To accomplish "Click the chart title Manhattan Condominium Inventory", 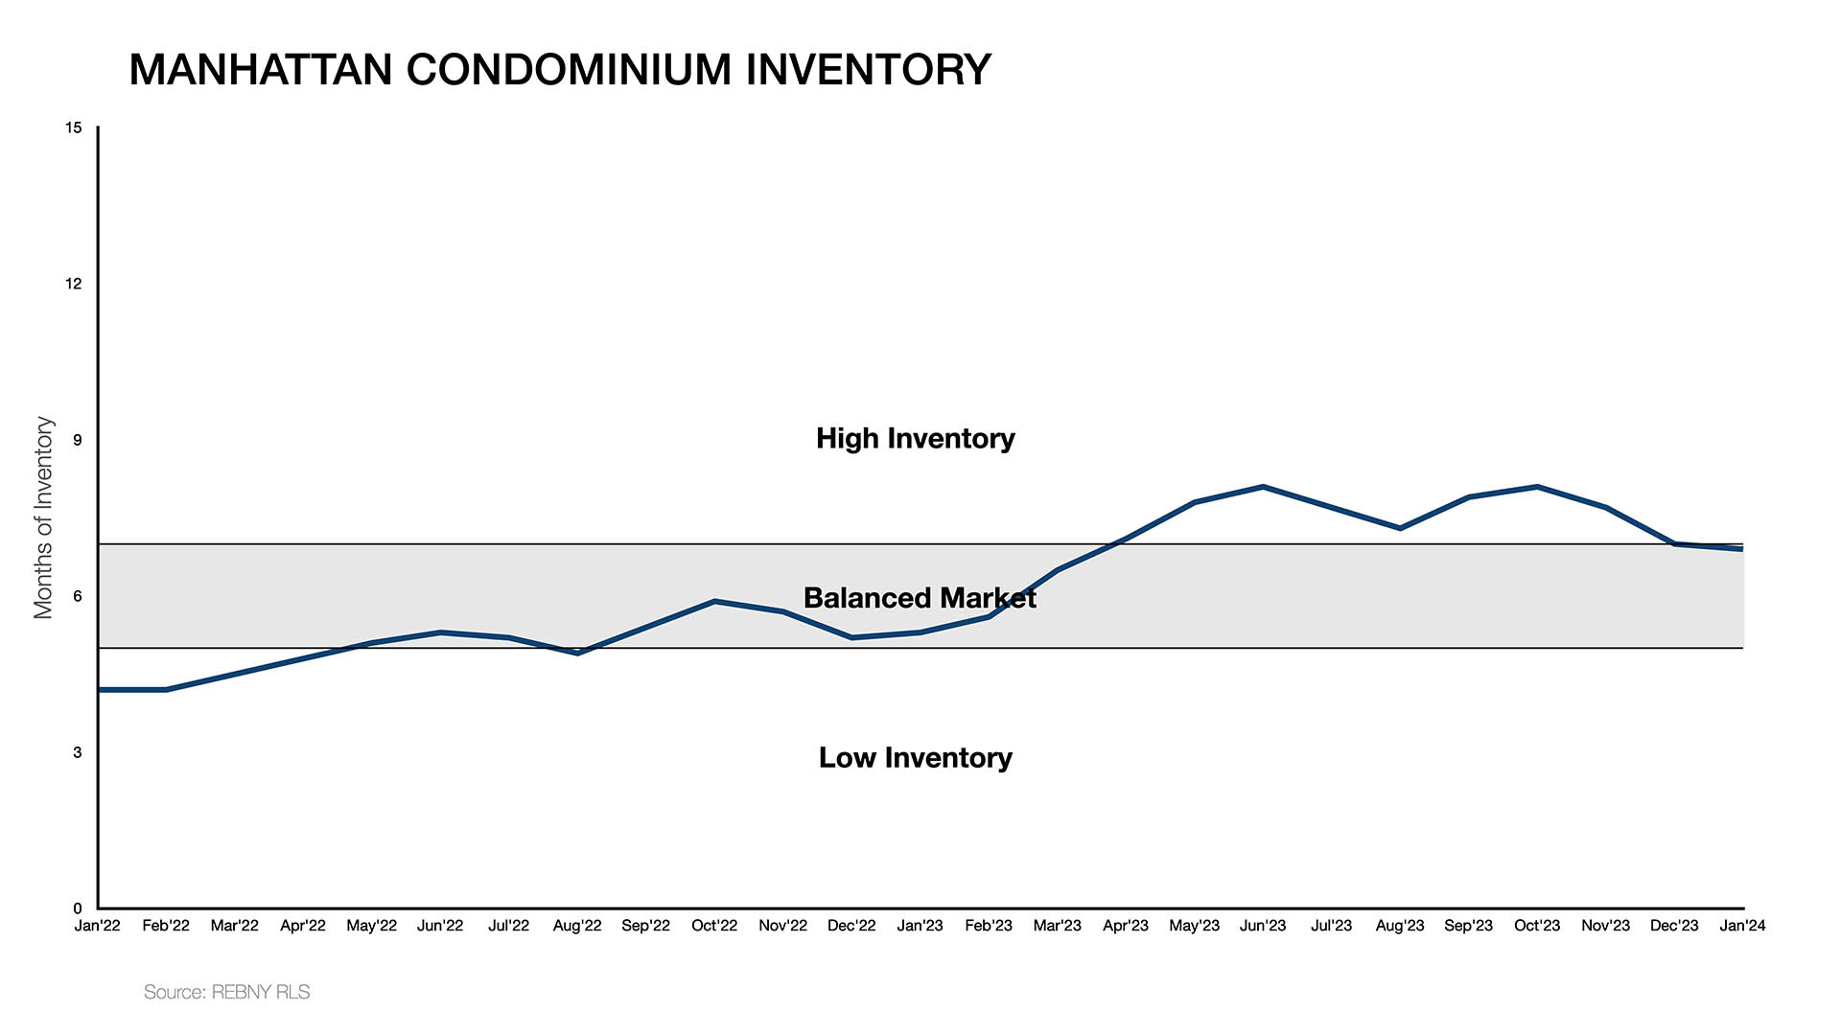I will (x=559, y=70).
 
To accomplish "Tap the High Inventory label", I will (x=915, y=438).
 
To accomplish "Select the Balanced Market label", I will (x=919, y=598).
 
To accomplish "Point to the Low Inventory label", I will (x=915, y=757).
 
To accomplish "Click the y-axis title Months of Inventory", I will (x=43, y=517).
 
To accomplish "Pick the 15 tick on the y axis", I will (x=74, y=127).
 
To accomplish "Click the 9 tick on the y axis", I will (x=77, y=440).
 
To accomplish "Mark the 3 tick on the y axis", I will (x=77, y=752).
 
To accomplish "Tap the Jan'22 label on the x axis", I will (x=98, y=926).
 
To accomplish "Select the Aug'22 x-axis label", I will (x=577, y=926).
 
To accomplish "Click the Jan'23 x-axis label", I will (x=920, y=926).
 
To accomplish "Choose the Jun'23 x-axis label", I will (x=1263, y=926).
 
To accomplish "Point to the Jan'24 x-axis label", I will (x=1742, y=926).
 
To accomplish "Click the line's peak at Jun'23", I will (x=1263, y=487).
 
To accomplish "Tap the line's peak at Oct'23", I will (x=1537, y=487).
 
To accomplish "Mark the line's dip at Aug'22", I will (x=577, y=653).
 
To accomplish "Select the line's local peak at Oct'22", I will (x=714, y=601).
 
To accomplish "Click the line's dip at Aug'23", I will (x=1400, y=528).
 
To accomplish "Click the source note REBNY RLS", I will (x=227, y=992).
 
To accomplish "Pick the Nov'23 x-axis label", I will (x=1605, y=926).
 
